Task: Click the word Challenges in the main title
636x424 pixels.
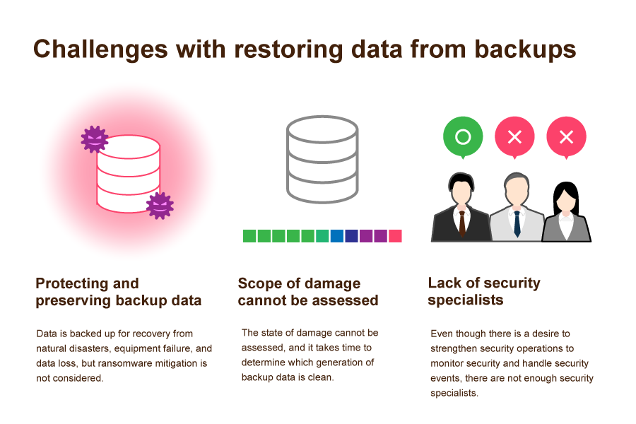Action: click(x=100, y=50)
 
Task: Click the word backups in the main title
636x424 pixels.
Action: click(x=525, y=49)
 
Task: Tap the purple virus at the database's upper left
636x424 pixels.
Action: click(x=95, y=139)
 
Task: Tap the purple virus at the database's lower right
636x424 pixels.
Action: click(x=160, y=206)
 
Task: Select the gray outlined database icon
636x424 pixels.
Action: click(x=322, y=160)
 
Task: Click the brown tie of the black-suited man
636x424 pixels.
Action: click(x=462, y=223)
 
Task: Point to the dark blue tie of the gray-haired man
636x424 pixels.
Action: click(x=517, y=224)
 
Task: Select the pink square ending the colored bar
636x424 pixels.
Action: click(x=395, y=236)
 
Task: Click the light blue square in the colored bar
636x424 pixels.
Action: click(x=337, y=236)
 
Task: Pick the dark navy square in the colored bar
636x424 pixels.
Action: click(x=351, y=236)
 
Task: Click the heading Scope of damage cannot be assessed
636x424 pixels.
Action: click(x=308, y=292)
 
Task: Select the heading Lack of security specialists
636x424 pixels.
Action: click(x=484, y=291)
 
